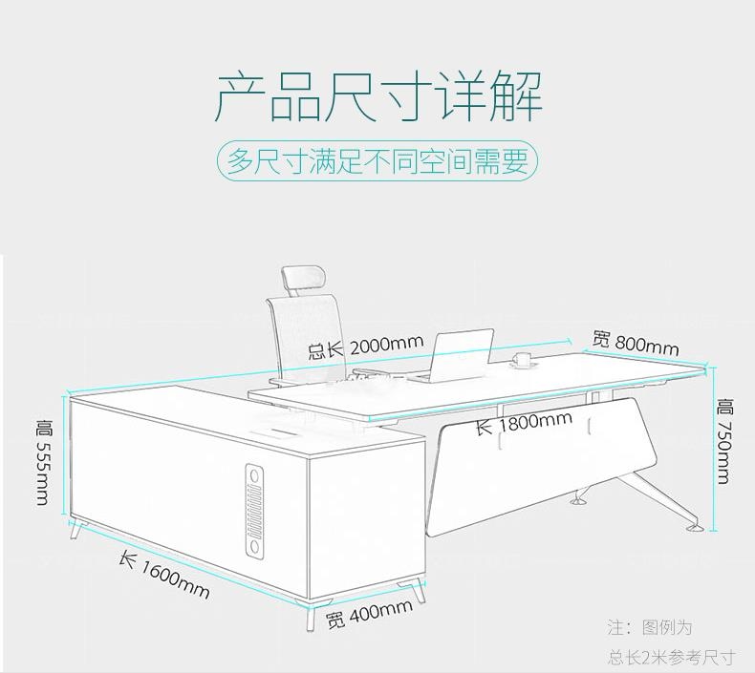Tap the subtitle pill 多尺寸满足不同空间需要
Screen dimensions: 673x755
(x=377, y=161)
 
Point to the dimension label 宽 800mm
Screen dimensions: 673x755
(x=635, y=342)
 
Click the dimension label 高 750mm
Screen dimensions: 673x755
(x=725, y=441)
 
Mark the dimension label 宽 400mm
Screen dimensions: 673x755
(x=369, y=616)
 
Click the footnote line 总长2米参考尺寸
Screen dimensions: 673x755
(x=672, y=657)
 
